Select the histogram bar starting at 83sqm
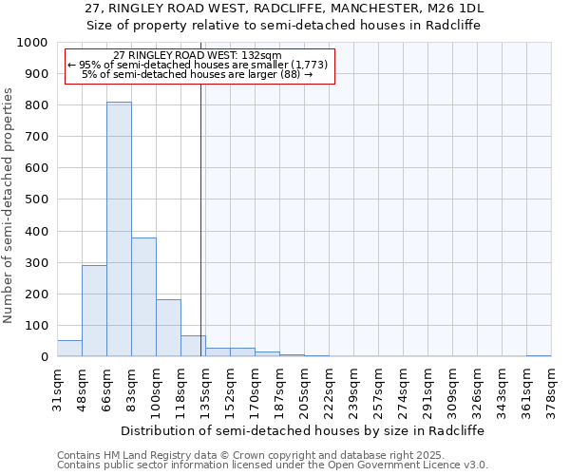[143, 297]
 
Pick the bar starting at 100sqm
[168, 328]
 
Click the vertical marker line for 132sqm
[201, 218]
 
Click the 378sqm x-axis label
[552, 389]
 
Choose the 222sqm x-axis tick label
[330, 389]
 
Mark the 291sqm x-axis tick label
[428, 389]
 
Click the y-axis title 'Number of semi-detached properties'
[9, 205]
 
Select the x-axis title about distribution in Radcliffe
[304, 430]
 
